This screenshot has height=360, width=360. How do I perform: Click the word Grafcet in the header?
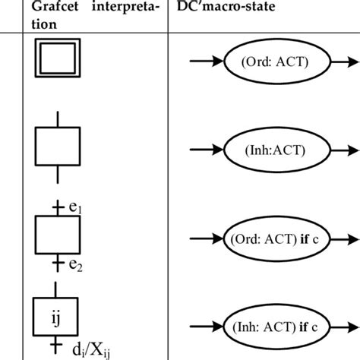point(58,7)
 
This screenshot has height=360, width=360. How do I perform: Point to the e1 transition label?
point(74,207)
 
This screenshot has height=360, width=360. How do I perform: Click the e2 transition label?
point(74,265)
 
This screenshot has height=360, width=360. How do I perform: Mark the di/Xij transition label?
point(90,351)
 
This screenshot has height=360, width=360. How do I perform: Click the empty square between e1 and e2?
point(58,235)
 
